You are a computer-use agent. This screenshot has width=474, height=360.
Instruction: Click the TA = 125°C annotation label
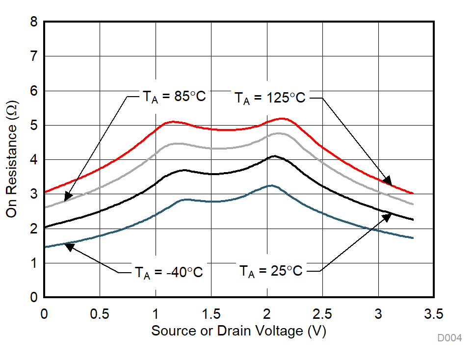click(x=269, y=98)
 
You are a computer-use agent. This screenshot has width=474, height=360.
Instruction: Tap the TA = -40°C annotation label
click(x=168, y=272)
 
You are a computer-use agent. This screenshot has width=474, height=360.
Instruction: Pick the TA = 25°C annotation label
click(x=271, y=271)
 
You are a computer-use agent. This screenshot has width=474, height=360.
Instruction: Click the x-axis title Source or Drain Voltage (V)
click(x=238, y=331)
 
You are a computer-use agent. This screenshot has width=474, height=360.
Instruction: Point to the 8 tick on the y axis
click(x=33, y=22)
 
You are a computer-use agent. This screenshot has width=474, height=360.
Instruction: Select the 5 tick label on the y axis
click(x=33, y=126)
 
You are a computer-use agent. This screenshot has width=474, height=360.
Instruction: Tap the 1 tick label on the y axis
click(x=33, y=263)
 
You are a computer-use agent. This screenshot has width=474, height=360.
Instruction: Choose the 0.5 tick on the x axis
click(x=100, y=313)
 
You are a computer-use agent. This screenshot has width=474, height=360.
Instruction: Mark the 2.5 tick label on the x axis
click(x=322, y=313)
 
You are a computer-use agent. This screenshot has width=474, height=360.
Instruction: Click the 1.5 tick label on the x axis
click(x=211, y=313)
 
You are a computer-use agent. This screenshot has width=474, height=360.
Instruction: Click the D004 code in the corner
click(x=450, y=338)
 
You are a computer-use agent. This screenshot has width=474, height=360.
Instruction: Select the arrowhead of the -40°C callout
click(x=69, y=247)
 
